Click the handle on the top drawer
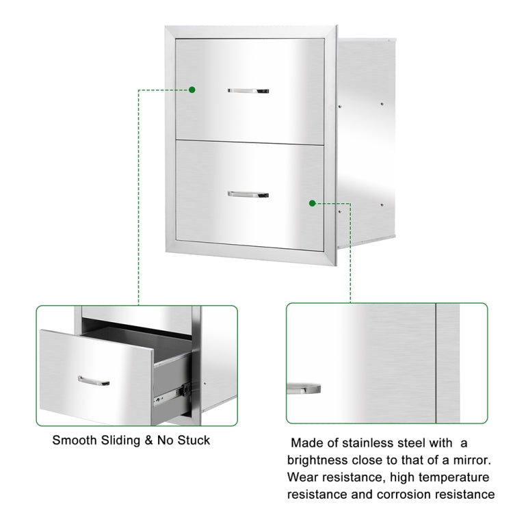coord(248,90)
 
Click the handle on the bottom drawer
coord(248,194)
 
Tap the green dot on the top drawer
coord(192,90)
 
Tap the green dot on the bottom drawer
coord(312,203)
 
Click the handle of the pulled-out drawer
coord(94,380)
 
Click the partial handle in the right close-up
coord(304,389)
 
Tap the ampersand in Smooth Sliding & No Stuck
coord(146,440)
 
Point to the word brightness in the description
coord(321,460)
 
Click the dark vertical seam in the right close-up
coord(436,363)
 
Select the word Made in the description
coord(306,443)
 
